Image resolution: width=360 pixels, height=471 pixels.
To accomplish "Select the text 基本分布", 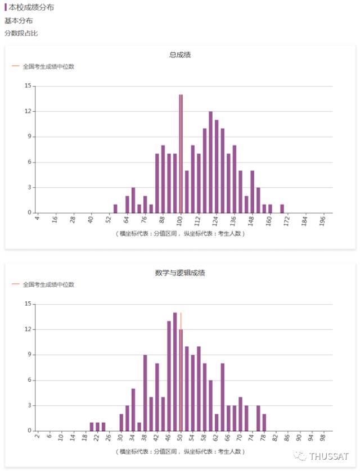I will coord(19,21).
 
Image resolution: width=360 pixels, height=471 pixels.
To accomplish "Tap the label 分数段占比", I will coord(21,33).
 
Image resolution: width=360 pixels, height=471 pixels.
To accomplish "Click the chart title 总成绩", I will coord(180,55).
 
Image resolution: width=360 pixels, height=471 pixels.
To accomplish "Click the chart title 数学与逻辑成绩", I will coord(180,273).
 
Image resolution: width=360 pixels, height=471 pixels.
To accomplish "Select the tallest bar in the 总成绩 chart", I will coord(181,153).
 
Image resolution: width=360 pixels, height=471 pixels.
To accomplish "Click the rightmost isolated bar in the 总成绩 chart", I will coord(282,209).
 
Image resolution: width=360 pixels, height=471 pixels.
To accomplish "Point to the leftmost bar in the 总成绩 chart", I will coord(115,209).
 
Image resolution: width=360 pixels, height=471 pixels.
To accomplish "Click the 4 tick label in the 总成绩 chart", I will coord(37,219).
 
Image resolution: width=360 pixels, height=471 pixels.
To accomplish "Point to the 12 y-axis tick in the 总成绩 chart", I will coord(28,111).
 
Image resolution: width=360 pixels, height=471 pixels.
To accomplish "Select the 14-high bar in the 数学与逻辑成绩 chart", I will coord(175,372).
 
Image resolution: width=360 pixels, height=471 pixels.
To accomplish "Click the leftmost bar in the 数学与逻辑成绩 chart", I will coord(92,427).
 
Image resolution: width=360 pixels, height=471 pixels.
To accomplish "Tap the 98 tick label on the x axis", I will coord(323,438).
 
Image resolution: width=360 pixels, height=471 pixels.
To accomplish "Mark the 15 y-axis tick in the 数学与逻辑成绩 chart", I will coord(28,304).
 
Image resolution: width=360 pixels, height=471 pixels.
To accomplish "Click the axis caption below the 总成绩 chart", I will coord(180,233).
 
